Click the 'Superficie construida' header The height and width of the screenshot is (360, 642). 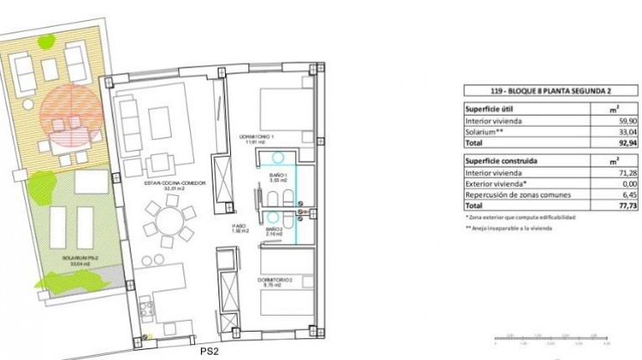501,160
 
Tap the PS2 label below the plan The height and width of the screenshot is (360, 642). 209,352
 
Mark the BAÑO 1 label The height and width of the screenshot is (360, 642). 278,176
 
